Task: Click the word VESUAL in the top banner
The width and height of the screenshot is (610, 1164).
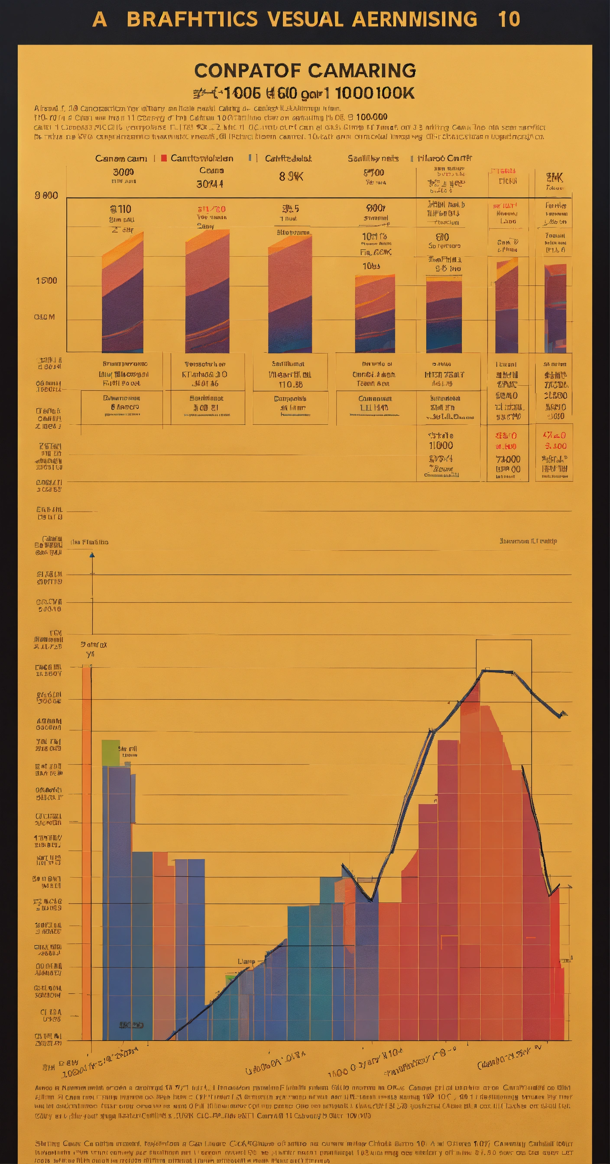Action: [306, 19]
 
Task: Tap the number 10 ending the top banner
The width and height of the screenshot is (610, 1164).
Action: [509, 19]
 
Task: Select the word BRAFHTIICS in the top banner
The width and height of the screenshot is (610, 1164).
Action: [192, 19]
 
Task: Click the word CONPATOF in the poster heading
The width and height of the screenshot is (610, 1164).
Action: [248, 71]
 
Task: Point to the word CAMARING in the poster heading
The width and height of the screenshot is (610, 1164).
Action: [363, 71]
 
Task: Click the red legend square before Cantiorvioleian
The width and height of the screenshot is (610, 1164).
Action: [164, 158]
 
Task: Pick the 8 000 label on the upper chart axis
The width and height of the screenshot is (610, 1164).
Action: [46, 195]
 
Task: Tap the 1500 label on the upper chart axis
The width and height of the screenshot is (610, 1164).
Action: [47, 281]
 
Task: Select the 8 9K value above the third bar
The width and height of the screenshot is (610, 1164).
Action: [291, 177]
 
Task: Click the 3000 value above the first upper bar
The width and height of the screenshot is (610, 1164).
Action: [123, 172]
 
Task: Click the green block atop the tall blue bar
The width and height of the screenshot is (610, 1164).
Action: [111, 753]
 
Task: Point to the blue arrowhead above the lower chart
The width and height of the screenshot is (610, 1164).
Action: [92, 554]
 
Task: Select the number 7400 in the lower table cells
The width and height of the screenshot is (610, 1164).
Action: [508, 459]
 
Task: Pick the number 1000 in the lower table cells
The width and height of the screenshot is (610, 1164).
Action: [441, 446]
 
